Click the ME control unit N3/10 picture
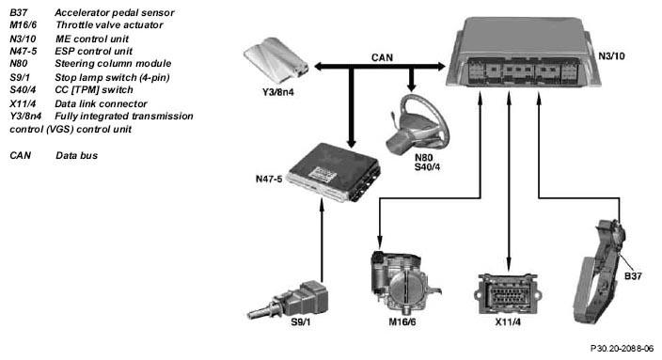pos(524,53)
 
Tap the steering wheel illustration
pos(418,124)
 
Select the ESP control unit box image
pos(334,172)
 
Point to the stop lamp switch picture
pos(289,301)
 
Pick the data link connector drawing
pos(508,294)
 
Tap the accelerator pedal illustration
pos(600,271)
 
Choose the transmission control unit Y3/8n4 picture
pos(276,61)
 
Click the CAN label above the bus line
pos(382,57)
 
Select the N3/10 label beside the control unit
pos(611,56)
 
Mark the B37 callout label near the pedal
pos(633,276)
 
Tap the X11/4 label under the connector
pos(508,322)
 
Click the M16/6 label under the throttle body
pos(402,322)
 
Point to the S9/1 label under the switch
pos(301,322)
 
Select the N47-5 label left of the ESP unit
pos(269,179)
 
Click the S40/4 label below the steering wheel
pos(427,167)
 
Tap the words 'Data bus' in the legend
pos(76,155)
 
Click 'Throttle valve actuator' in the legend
pos(109,24)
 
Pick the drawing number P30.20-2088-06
pos(622,349)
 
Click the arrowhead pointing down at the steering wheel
pos(412,86)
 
